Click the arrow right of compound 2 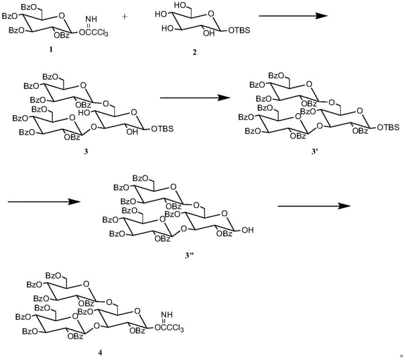click(291, 16)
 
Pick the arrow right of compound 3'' click(315, 205)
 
